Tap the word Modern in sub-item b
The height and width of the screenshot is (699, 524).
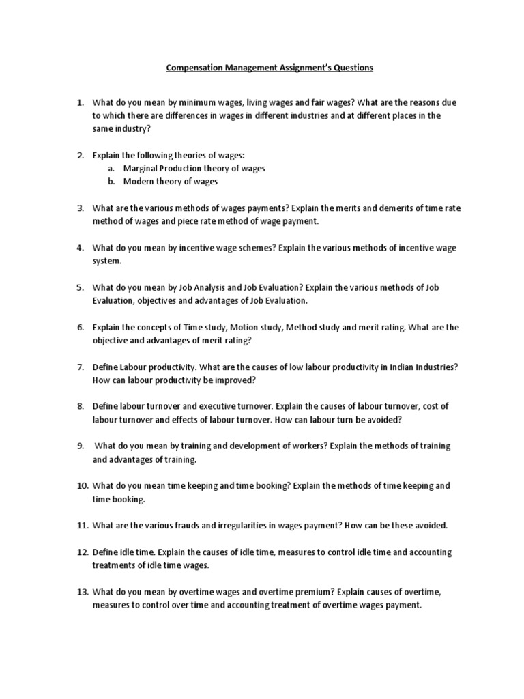[x=139, y=182]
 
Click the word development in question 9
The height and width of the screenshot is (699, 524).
[x=250, y=446]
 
